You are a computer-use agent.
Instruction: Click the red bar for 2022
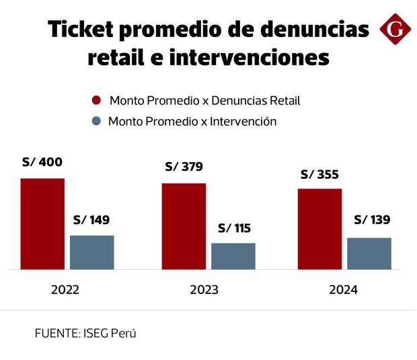(42, 224)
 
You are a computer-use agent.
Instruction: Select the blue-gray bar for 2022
(92, 252)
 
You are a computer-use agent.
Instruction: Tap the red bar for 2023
(184, 226)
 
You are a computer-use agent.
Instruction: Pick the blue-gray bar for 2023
(233, 256)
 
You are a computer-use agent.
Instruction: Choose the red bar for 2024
(319, 229)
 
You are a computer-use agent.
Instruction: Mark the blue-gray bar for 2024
(369, 254)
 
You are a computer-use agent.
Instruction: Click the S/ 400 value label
(42, 162)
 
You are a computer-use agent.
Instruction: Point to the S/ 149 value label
(91, 220)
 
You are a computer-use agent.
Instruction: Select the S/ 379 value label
(184, 167)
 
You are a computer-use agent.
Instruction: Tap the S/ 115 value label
(234, 228)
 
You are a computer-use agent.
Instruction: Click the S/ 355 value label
(319, 174)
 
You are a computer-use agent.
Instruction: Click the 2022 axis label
(65, 290)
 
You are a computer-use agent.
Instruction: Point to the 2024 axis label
(344, 290)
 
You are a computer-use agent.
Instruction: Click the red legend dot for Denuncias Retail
(96, 101)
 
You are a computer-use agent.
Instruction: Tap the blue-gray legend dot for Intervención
(96, 122)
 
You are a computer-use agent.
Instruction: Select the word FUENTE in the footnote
(56, 333)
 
